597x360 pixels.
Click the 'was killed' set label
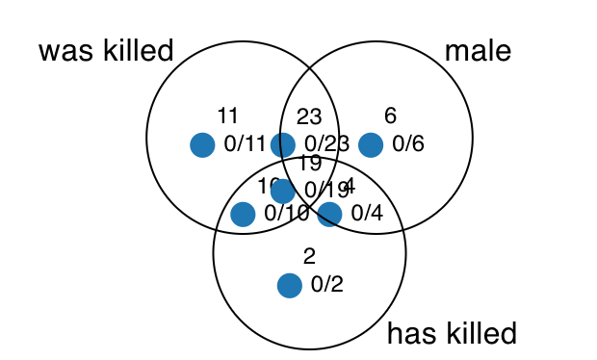click(x=106, y=51)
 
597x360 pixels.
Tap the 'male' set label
click(x=479, y=51)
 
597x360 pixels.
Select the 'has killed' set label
click(x=452, y=334)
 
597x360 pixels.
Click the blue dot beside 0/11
click(x=202, y=144)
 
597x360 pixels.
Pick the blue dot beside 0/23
click(x=282, y=144)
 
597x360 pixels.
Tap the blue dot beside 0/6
click(x=371, y=144)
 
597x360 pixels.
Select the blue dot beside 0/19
click(x=282, y=191)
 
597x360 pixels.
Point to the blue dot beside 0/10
click(x=243, y=214)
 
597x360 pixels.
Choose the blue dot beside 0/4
click(x=329, y=214)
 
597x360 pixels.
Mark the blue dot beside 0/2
click(x=289, y=285)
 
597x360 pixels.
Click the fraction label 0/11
click(x=245, y=144)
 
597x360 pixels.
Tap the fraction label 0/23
click(x=325, y=144)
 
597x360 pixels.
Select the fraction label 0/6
click(x=408, y=144)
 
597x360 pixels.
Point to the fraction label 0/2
click(x=326, y=285)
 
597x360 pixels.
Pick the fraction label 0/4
click(x=367, y=214)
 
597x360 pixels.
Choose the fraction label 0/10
click(x=287, y=214)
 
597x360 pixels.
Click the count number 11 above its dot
click(x=228, y=116)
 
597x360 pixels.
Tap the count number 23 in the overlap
click(x=309, y=116)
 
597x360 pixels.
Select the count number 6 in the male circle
click(x=390, y=116)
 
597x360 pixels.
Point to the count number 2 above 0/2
click(x=309, y=256)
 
